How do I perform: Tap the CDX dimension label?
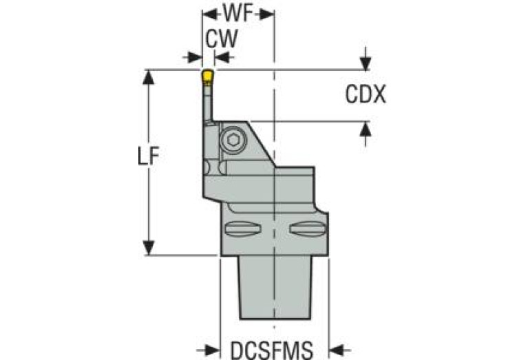point(365,94)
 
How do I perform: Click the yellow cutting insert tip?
point(207,74)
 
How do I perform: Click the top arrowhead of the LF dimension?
point(147,75)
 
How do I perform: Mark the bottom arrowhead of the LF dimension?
point(147,248)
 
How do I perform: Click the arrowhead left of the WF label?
point(207,13)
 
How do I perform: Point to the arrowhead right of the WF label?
point(269,13)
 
